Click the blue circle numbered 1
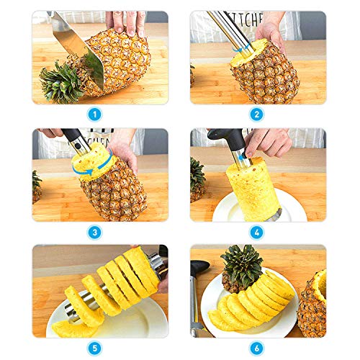[95, 112]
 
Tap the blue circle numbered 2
[256, 112]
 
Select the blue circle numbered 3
[95, 232]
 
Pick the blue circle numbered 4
[256, 232]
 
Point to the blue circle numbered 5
[95, 347]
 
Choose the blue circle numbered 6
[256, 347]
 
